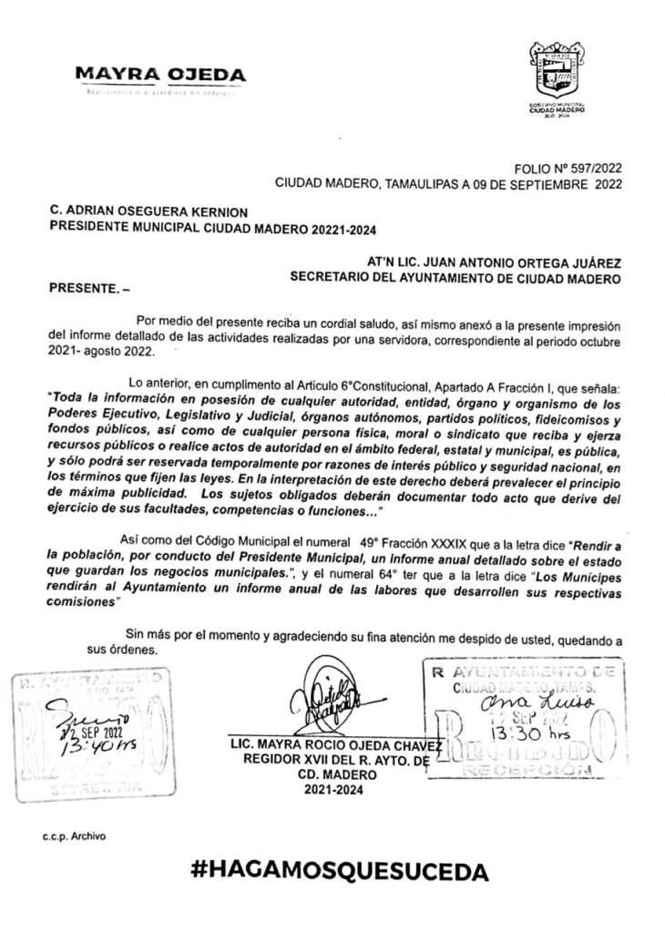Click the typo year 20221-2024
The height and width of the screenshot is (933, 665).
point(334,226)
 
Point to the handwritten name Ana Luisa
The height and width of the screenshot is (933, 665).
point(516,702)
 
